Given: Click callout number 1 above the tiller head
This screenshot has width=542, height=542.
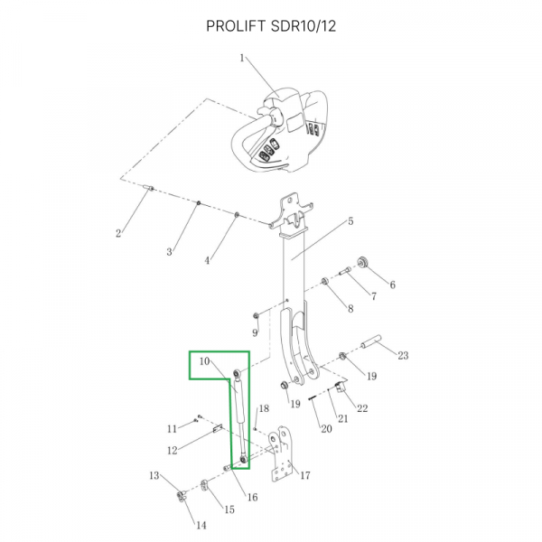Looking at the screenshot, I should point(242,58).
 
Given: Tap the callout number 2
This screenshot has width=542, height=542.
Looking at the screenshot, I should point(118,234).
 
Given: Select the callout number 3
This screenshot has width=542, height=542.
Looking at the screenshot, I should point(169,252).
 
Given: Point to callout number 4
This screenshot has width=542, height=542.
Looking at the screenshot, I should point(207,260).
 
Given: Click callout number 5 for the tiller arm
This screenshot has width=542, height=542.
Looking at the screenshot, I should point(350,221).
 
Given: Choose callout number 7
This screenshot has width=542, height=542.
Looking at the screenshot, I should point(371,295).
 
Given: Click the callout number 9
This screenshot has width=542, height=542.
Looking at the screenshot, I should point(255,333).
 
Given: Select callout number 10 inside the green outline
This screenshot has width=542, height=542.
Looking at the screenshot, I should point(205,361).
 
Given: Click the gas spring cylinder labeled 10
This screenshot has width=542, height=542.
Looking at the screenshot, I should point(238,417).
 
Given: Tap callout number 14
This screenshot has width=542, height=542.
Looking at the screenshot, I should point(201,525).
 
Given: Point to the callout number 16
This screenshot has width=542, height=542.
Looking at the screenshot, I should point(252,497).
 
